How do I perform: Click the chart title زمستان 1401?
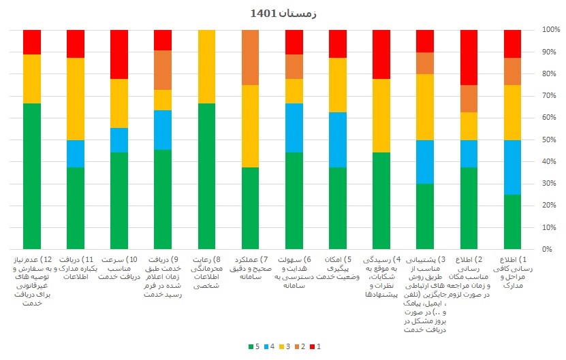pyautogui.click(x=283, y=13)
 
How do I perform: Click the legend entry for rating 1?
pyautogui.click(x=315, y=346)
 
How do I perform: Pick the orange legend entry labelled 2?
pyautogui.click(x=299, y=346)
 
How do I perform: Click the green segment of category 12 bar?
pyautogui.click(x=32, y=176)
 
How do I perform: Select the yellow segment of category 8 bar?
pyautogui.click(x=206, y=67)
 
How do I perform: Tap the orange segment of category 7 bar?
pyautogui.click(x=251, y=57)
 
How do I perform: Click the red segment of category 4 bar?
pyautogui.click(x=381, y=54)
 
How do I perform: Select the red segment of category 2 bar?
pyautogui.click(x=469, y=57)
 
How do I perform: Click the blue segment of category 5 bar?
pyautogui.click(x=338, y=140)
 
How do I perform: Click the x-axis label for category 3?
pyautogui.click(x=425, y=294)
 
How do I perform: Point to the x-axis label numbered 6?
pyautogui.click(x=294, y=273)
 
